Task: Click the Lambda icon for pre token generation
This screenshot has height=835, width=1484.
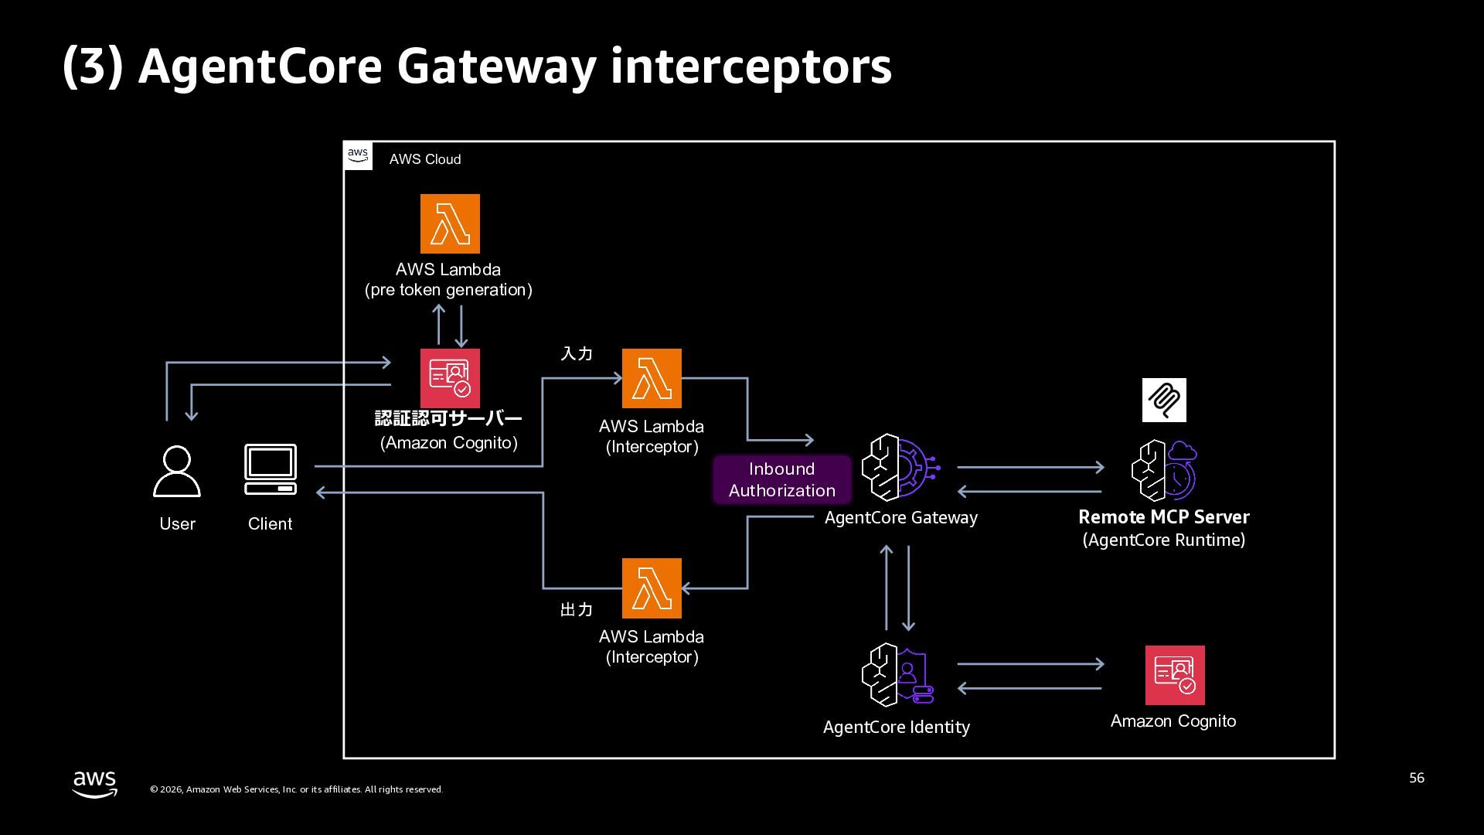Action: tap(450, 223)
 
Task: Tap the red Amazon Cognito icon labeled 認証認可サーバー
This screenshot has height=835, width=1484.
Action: tap(450, 378)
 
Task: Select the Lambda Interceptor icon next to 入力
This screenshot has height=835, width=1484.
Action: tap(652, 378)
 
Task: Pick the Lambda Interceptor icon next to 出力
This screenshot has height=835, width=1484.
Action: tap(652, 588)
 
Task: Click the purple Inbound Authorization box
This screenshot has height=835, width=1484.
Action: tap(781, 479)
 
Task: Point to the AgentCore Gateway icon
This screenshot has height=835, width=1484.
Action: tap(900, 468)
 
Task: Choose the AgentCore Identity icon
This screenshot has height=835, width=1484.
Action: tap(897, 675)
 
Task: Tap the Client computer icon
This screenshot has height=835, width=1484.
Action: tap(271, 469)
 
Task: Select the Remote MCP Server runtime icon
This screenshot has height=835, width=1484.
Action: tap(1163, 470)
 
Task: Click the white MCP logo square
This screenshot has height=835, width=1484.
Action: tap(1164, 400)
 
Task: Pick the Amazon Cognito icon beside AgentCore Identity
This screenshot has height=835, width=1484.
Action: tap(1175, 675)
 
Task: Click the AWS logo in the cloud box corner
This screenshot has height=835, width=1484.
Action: tap(358, 155)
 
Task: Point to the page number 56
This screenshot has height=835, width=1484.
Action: tap(1416, 778)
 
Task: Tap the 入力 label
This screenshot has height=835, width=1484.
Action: tap(577, 353)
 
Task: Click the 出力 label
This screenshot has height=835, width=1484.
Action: tap(577, 610)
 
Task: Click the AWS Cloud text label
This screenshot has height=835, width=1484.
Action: tap(425, 159)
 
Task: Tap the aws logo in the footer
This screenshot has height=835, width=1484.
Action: tap(95, 784)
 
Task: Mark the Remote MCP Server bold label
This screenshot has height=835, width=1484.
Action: tap(1163, 516)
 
